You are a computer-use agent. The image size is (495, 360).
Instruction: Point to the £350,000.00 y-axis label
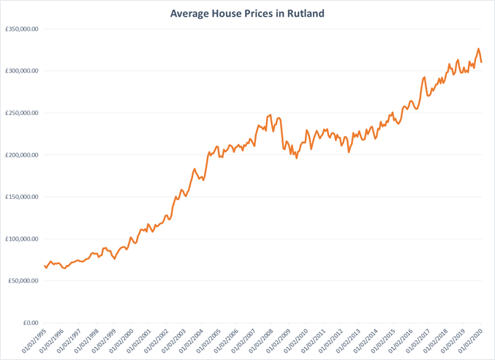[x=21, y=29]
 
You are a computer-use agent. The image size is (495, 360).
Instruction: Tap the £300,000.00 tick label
[x=21, y=71]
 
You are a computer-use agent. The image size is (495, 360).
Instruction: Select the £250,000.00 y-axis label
[x=21, y=113]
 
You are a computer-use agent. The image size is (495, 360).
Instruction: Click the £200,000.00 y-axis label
[x=21, y=155]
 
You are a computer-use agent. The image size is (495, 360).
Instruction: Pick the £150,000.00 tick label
[x=21, y=197]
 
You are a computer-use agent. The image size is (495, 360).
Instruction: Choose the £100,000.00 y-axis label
[x=21, y=239]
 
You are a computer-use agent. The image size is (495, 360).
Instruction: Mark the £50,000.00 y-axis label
[x=23, y=281]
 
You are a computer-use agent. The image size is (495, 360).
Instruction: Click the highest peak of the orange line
[x=478, y=49]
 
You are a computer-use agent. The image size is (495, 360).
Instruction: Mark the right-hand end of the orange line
[x=481, y=62]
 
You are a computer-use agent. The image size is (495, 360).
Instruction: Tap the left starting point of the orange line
[x=44, y=266]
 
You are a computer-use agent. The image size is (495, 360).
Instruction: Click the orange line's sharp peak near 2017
[x=425, y=77]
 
